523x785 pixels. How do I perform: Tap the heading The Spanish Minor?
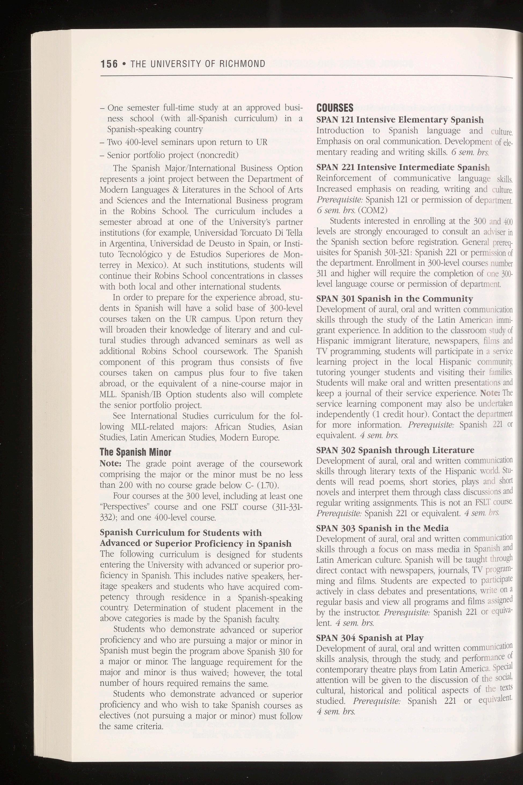tap(136, 452)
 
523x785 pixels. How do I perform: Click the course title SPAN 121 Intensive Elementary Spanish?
tap(400, 120)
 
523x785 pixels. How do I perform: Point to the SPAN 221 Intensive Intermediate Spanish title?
tap(403, 167)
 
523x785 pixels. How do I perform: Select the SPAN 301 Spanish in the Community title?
tap(394, 299)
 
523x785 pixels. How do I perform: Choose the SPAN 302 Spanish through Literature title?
tap(395, 450)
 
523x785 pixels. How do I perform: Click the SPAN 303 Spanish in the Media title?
tap(382, 528)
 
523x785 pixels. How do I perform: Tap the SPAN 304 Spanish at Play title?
tap(370, 638)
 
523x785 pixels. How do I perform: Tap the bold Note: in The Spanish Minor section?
tap(111, 464)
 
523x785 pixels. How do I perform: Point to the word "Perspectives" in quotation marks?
tap(122, 507)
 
